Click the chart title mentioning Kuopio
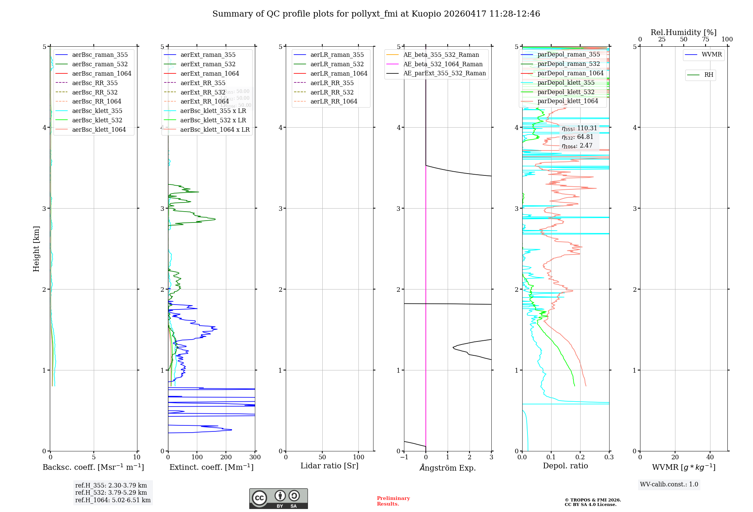pos(376,14)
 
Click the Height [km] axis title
pos(36,249)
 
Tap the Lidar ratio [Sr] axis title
pos(329,466)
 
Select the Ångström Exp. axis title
pos(448,468)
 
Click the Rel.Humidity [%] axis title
pos(683,32)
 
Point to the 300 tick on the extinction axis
pos(255,457)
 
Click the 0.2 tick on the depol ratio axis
pos(580,457)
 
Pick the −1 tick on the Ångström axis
pos(404,457)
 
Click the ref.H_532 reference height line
pos(111,493)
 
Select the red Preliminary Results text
pos(393,501)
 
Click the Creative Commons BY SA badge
pos(278,499)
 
